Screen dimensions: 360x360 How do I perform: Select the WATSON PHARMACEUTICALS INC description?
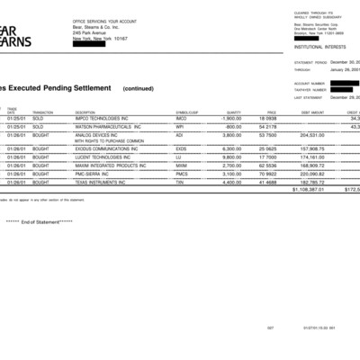coord(108,126)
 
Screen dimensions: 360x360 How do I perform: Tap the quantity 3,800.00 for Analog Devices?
coord(231,134)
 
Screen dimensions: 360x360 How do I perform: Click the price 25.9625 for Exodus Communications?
coord(265,148)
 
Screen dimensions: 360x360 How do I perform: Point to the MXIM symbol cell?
coord(182,166)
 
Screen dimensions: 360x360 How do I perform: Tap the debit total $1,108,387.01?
coord(308,190)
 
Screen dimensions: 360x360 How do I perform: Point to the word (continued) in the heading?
coord(139,88)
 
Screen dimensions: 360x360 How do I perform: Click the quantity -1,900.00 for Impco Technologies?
coord(230,118)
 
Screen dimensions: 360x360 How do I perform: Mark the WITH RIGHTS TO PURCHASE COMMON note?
coord(109,141)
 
